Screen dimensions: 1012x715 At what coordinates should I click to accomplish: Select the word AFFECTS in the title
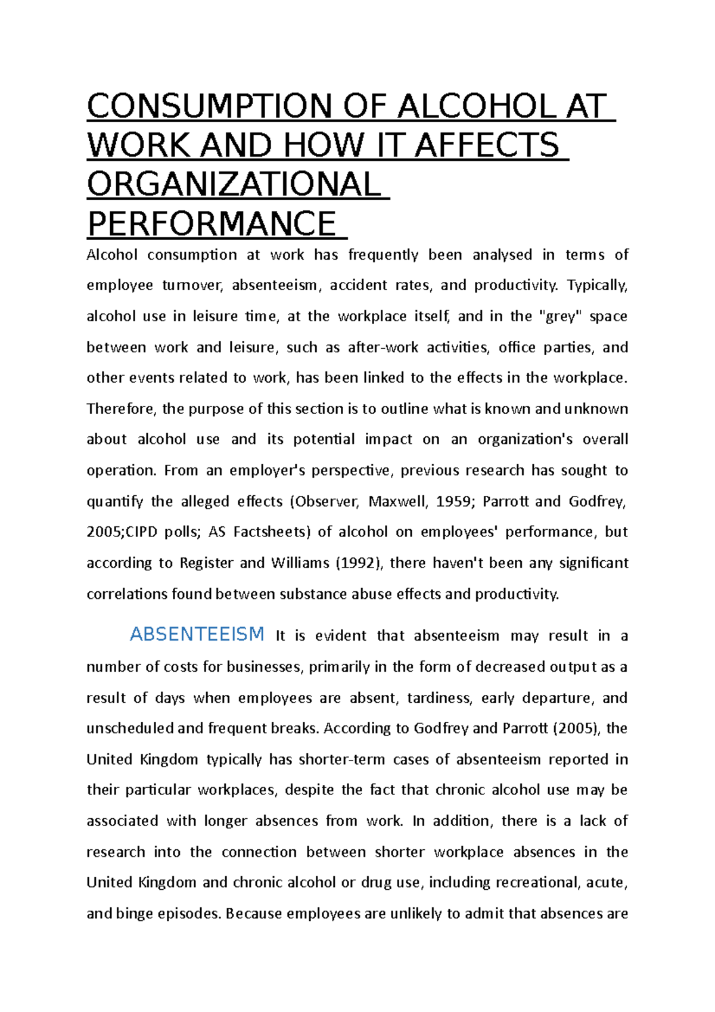(487, 146)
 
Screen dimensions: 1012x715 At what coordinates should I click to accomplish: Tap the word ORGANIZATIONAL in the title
(234, 185)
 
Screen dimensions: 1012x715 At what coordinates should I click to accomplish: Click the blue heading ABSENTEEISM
(197, 634)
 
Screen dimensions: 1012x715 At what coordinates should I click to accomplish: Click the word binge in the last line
(134, 914)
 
